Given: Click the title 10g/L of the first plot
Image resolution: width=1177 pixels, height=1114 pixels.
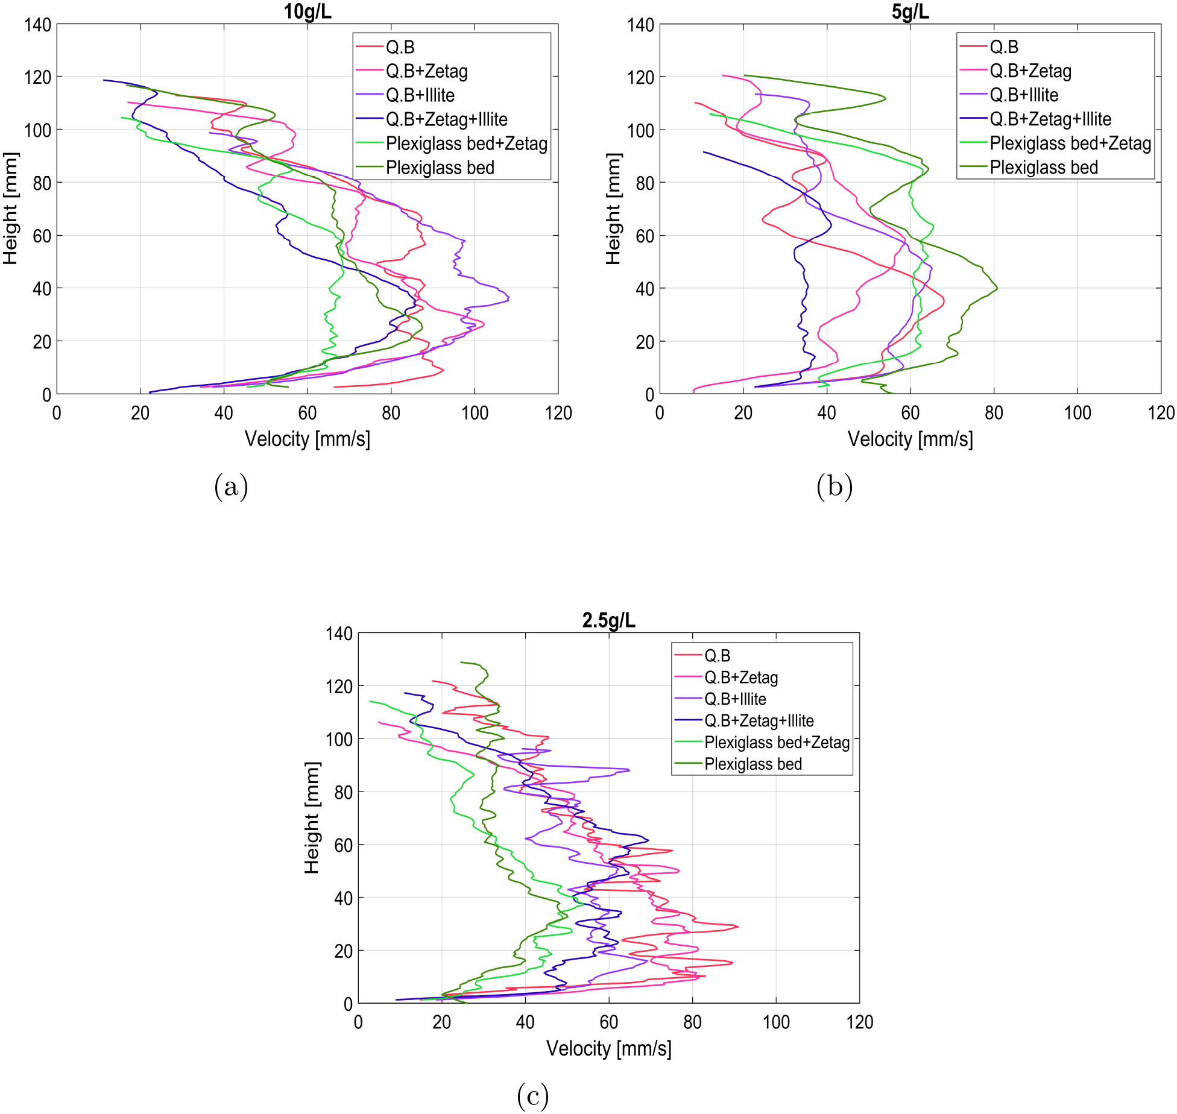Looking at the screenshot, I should click(308, 11).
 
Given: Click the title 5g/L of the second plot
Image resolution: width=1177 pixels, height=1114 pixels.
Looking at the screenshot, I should click(910, 11).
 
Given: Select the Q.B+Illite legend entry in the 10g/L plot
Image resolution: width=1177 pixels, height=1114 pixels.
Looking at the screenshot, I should click(420, 95).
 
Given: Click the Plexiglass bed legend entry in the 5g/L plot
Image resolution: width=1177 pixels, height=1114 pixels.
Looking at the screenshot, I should click(1044, 168).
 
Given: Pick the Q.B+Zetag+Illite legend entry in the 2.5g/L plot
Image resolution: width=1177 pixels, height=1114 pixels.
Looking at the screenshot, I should click(759, 720).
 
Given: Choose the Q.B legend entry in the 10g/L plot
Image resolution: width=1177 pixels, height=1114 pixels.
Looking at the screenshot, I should click(400, 47).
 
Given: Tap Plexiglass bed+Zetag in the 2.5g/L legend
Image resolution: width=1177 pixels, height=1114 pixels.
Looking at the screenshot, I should click(777, 742).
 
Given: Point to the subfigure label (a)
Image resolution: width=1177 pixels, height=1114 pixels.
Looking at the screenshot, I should click(231, 486).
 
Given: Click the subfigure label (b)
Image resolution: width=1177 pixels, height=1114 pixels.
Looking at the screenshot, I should click(835, 486).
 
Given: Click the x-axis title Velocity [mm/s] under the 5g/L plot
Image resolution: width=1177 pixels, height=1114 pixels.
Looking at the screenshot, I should click(910, 439).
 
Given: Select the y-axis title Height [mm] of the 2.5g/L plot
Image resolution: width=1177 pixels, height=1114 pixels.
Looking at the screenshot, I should click(312, 817).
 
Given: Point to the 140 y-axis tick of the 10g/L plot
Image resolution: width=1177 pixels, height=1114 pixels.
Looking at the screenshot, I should click(37, 25).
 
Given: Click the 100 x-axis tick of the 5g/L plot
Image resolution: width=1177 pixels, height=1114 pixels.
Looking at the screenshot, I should click(1077, 413).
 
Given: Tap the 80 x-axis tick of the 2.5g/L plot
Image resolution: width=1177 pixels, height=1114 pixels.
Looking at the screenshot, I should click(692, 1022).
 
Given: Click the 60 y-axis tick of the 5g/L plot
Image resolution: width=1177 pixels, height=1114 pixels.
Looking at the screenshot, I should click(645, 236).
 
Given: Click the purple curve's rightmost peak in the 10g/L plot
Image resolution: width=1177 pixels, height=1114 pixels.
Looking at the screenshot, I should click(509, 298).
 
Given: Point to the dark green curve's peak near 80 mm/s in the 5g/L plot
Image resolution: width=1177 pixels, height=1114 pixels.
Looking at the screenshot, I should click(997, 288).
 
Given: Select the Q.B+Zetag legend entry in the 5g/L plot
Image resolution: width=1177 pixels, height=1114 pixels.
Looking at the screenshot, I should click(1030, 71).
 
